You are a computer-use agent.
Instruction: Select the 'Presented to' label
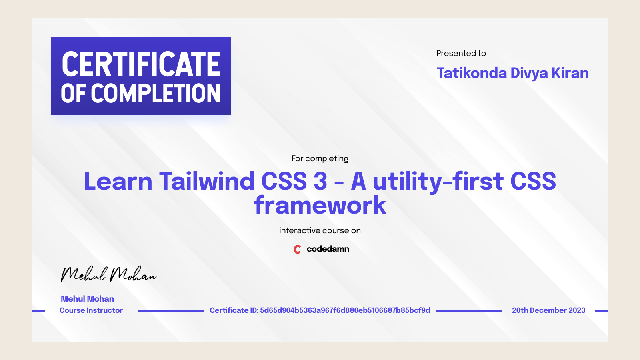point(461,53)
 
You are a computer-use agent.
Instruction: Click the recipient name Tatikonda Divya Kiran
point(512,73)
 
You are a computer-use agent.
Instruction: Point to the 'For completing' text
point(320,158)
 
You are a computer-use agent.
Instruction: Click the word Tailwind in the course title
point(207,181)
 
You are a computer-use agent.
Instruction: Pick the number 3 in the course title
point(320,181)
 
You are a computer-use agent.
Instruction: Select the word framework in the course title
point(320,205)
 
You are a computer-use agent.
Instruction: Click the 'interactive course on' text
point(320,230)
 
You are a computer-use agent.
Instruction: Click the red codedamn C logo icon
point(297,249)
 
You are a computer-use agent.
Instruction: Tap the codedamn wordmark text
point(328,249)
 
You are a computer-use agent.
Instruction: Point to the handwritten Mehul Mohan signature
point(108,274)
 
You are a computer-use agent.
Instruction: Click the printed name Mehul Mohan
point(87,299)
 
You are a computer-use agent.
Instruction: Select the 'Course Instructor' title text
point(91,310)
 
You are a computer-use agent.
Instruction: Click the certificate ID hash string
point(345,310)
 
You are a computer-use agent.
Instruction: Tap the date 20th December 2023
point(548,310)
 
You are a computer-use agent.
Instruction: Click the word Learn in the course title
point(118,181)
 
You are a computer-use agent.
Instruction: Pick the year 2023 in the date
point(577,310)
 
